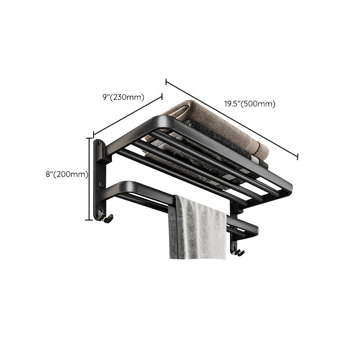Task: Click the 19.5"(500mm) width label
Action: click(250, 104)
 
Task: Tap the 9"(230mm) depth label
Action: click(123, 97)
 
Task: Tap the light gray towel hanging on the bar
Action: click(198, 229)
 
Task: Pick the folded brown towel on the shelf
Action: click(216, 126)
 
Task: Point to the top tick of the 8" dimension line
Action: click(89, 138)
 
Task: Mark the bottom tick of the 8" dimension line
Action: click(89, 220)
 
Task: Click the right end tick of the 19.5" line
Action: click(297, 156)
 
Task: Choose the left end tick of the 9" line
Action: click(94, 134)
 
